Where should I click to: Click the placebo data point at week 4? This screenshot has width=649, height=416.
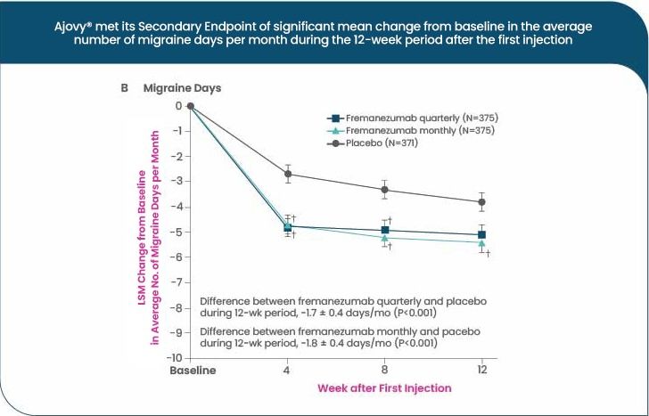pyautogui.click(x=288, y=174)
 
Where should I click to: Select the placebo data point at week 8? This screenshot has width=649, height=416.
pyautogui.click(x=385, y=189)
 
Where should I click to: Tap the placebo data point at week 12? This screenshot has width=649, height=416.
pyautogui.click(x=481, y=202)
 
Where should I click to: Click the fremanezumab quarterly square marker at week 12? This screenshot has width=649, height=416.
pyautogui.click(x=481, y=235)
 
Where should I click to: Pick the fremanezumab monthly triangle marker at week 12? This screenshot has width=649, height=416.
pyautogui.click(x=481, y=242)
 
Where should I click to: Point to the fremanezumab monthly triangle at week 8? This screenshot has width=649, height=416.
pyautogui.click(x=385, y=238)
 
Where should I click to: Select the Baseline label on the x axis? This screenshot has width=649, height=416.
pyautogui.click(x=193, y=371)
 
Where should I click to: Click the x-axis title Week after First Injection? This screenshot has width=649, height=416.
pyautogui.click(x=384, y=388)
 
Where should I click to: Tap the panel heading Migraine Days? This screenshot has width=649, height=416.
pyautogui.click(x=182, y=88)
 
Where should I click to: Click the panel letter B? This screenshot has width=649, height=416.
pyautogui.click(x=126, y=88)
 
